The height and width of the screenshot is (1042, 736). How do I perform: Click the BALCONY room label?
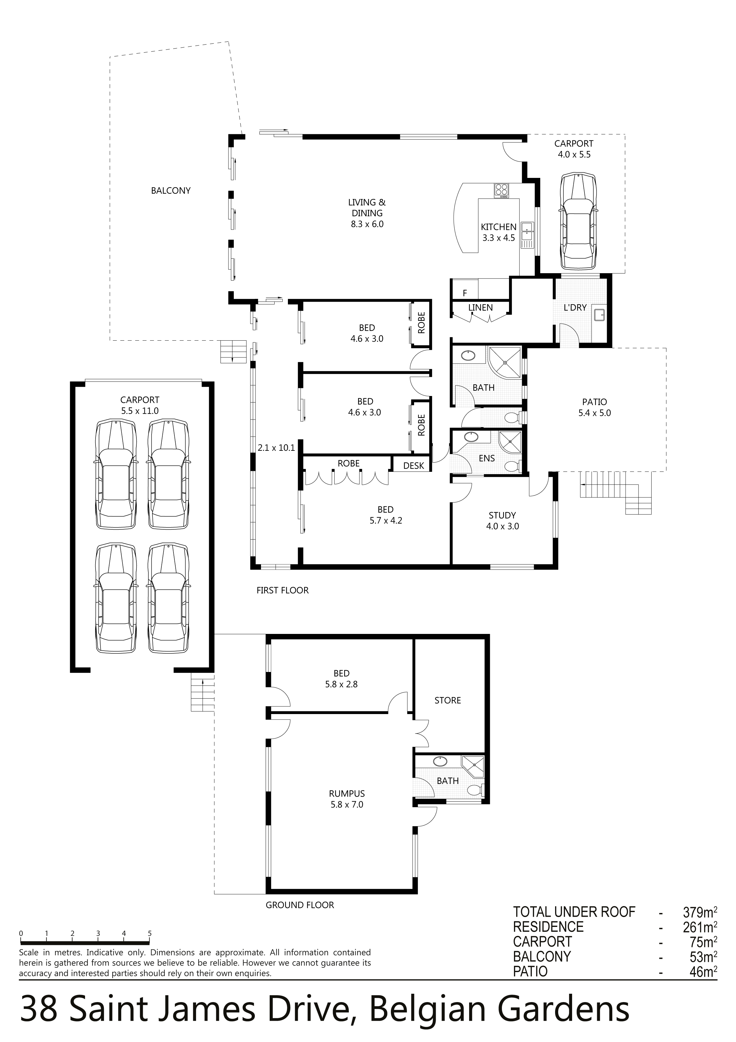pos(171,191)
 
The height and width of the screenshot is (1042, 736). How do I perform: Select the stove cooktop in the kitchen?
pos(501,190)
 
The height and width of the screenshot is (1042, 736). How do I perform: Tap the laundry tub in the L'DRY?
pos(599,314)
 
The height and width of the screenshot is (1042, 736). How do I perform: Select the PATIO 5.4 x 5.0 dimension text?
pos(594,413)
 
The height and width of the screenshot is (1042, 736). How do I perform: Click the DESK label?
pos(413,466)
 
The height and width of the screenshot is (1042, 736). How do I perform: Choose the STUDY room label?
pos(502,515)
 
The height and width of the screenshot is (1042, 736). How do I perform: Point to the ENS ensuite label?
pos(487,459)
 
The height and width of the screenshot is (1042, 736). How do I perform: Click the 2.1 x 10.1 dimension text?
pos(276,447)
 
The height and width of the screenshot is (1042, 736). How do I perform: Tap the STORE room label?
pos(447,700)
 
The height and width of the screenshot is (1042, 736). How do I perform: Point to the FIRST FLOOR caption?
pos(282,590)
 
